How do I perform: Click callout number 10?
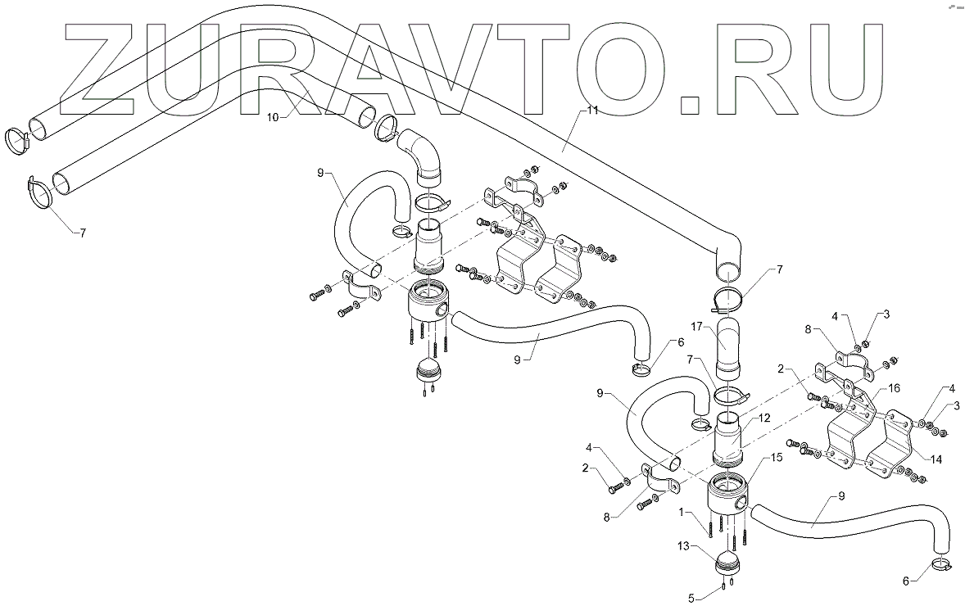[x=274, y=117]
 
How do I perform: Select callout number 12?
[x=763, y=418]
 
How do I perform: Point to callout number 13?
[x=682, y=544]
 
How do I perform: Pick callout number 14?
[x=936, y=459]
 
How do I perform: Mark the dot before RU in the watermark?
[x=691, y=102]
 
